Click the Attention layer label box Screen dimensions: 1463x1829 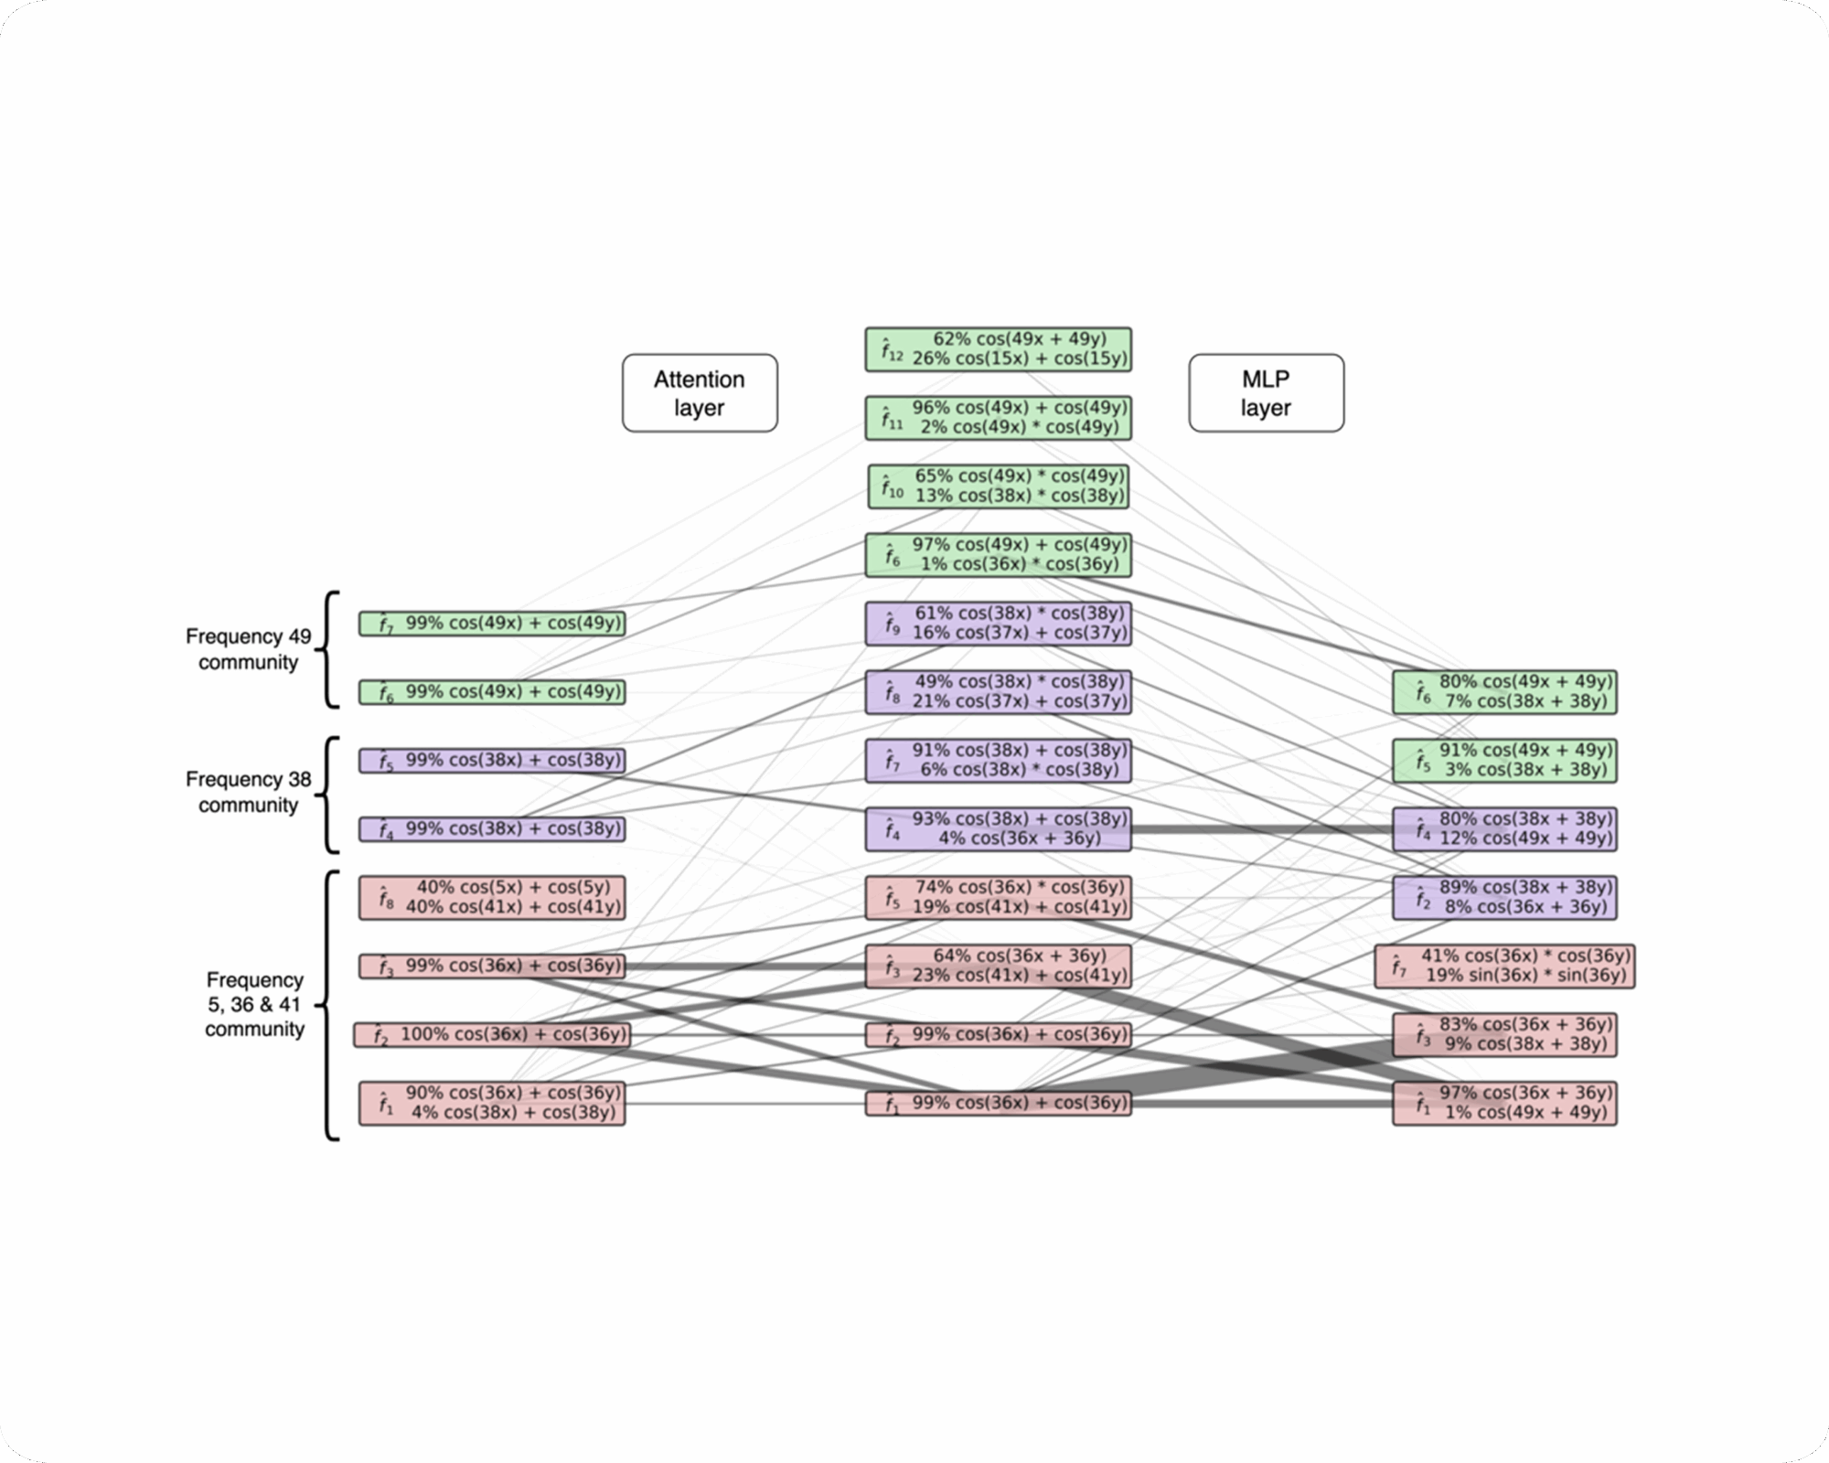point(700,393)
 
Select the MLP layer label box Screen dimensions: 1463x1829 point(1266,393)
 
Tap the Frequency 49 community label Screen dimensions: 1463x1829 point(248,649)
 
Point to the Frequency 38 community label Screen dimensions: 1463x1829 point(248,792)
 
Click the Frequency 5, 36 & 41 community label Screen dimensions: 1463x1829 point(254,1004)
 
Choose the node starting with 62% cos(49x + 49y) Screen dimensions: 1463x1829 point(998,349)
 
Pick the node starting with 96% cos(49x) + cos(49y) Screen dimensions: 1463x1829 point(998,418)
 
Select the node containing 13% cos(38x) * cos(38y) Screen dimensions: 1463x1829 point(998,486)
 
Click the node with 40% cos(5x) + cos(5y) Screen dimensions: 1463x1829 point(492,897)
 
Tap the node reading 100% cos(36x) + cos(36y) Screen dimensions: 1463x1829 point(492,1034)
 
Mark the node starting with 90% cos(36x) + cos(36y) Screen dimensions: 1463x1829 point(492,1103)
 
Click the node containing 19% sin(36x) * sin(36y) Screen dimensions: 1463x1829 point(1504,966)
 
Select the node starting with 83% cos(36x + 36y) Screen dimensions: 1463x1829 point(1504,1034)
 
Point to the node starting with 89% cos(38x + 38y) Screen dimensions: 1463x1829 point(1504,897)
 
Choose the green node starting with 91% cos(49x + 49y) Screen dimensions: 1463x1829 point(1504,760)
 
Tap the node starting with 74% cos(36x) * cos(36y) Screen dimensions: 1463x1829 point(998,897)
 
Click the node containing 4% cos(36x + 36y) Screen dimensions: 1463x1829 point(998,828)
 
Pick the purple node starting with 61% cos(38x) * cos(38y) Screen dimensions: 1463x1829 point(998,623)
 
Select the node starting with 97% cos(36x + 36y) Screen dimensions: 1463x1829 point(1504,1103)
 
